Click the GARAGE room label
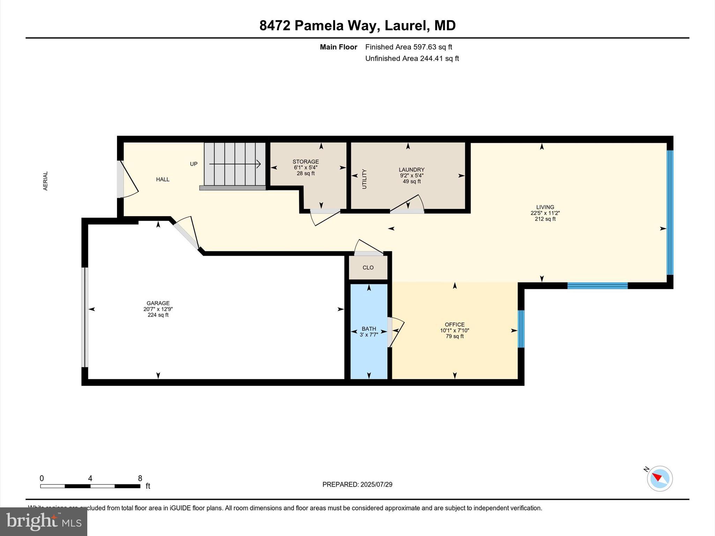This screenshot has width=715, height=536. coord(158,303)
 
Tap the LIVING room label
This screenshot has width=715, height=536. coord(545,207)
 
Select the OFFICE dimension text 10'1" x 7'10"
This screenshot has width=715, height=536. coord(454,330)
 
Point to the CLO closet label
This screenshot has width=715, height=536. coord(368,268)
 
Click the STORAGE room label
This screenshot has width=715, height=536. coord(305,162)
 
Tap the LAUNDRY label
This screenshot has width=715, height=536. coord(412,170)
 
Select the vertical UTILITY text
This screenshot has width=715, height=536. coord(364,179)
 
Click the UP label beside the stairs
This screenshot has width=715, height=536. coord(193,164)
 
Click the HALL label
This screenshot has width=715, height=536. coord(163,179)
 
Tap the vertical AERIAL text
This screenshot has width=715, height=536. coord(45,181)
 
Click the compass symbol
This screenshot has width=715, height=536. coord(659,478)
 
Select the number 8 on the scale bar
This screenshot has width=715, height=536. coord(140,478)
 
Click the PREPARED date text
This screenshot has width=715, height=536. coord(357,484)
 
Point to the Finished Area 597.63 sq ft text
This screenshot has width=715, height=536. coord(408,47)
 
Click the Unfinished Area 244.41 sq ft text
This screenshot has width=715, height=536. coord(412,59)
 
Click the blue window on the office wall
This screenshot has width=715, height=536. coord(521,329)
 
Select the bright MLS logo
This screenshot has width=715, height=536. coord(44,521)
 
